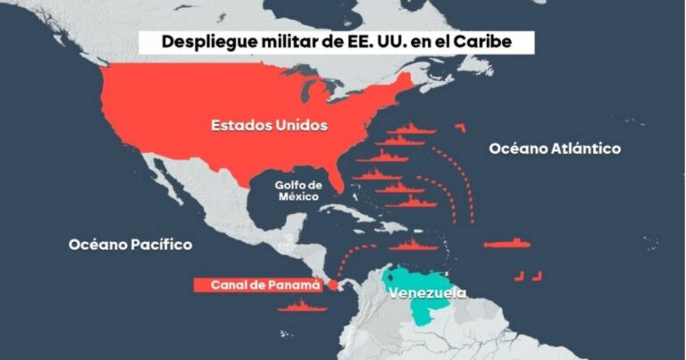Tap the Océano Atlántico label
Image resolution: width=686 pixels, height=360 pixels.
tap(554, 149)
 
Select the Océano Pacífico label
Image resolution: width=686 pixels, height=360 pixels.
tap(130, 244)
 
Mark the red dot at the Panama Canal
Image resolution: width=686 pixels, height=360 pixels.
tap(333, 286)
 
